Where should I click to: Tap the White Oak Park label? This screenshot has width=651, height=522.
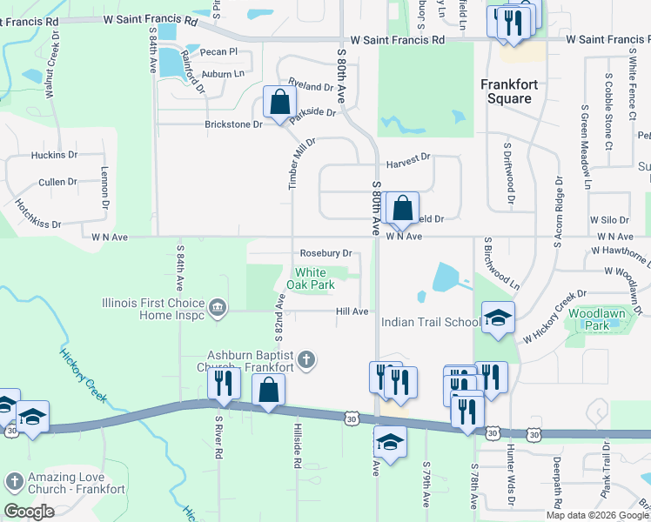point(311,279)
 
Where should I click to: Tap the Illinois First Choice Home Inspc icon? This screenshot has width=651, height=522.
point(217,306)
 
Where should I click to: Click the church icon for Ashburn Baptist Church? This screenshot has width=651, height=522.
point(305,359)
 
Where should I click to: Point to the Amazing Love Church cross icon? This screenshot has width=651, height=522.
point(14,481)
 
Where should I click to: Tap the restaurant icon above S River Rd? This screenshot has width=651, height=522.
point(225,384)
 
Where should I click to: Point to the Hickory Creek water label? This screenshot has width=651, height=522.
point(84,374)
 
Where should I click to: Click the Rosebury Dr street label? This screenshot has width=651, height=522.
point(325,253)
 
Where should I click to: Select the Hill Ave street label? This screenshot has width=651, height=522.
point(352,311)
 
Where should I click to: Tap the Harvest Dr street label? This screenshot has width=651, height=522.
point(408,158)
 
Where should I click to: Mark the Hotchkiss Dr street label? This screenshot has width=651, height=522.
point(37,215)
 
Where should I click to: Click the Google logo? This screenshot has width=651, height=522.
point(29,511)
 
